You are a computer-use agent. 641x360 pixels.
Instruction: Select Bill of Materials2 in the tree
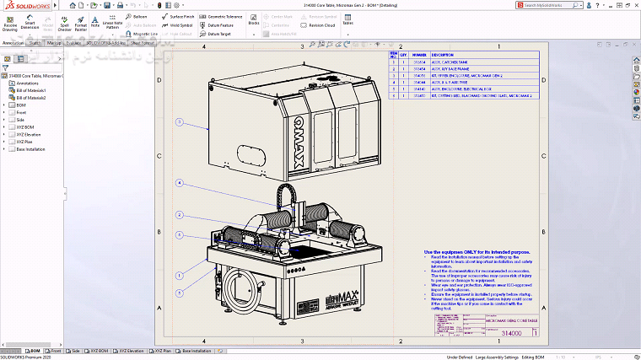click(32, 98)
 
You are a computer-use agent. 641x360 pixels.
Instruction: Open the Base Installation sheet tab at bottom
click(194, 351)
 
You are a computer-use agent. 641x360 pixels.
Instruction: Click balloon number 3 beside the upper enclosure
click(180, 122)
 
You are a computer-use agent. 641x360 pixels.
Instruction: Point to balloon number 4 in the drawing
click(180, 183)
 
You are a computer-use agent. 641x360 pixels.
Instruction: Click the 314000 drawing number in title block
click(512, 334)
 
